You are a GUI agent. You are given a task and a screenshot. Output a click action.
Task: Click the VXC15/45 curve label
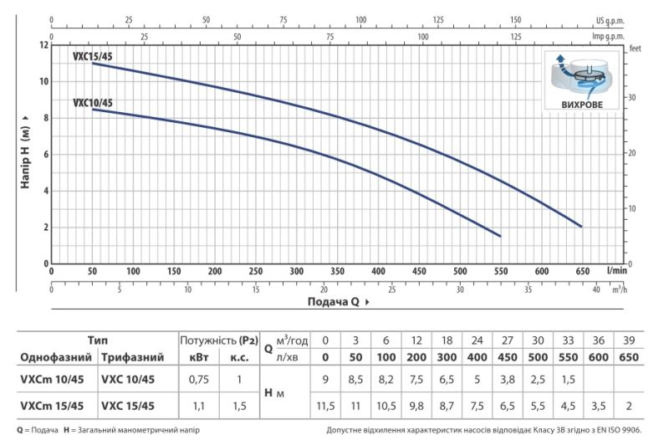click(93, 56)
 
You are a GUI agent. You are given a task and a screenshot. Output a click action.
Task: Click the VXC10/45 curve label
click(93, 103)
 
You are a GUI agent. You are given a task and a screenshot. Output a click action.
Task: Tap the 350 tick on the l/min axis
click(337, 271)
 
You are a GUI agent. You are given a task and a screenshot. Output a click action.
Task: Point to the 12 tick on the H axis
click(44, 45)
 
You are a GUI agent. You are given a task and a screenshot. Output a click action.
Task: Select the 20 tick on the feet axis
click(632, 153)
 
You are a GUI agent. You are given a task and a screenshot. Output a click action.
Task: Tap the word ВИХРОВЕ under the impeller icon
click(582, 105)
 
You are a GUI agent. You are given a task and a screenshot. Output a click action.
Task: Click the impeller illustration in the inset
click(581, 76)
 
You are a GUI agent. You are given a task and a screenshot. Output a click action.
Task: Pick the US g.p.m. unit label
click(610, 20)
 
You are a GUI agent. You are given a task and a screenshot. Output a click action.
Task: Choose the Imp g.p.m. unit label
click(608, 36)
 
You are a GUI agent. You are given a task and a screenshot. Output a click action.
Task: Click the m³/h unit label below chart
click(619, 289)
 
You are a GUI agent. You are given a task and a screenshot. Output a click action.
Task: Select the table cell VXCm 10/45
click(52, 379)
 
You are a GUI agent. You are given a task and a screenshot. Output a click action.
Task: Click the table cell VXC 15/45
click(128, 406)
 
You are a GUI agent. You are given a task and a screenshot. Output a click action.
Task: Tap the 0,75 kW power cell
click(199, 379)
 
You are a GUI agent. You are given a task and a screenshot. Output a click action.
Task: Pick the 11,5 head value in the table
click(325, 406)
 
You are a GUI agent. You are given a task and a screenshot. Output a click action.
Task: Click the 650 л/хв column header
click(629, 357)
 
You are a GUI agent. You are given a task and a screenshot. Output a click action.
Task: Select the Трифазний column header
click(132, 357)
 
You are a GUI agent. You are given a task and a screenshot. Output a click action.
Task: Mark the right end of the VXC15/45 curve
click(581, 227)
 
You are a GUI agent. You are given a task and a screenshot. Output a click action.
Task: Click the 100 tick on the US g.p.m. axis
click(360, 20)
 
